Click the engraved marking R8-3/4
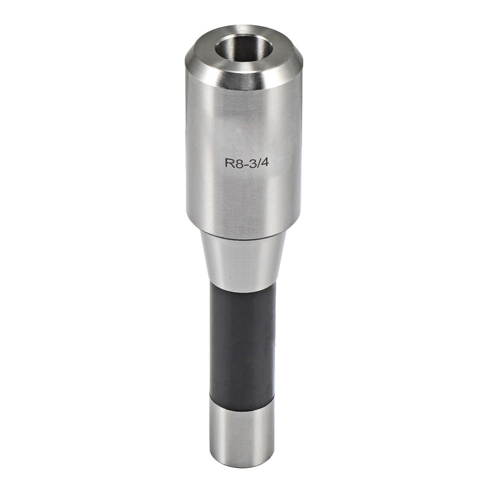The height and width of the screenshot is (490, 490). pos(246,163)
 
